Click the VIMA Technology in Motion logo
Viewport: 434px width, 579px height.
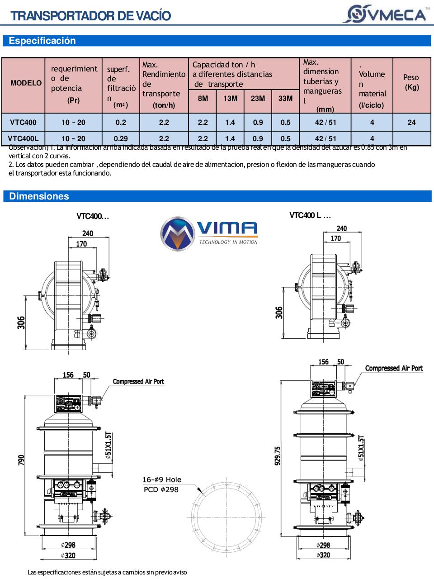(209, 234)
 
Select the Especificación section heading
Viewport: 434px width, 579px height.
(42, 41)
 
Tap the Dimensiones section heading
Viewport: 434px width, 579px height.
(39, 196)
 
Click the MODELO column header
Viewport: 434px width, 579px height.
(26, 83)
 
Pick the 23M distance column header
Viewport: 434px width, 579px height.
(258, 98)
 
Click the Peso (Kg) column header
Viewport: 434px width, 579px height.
(411, 82)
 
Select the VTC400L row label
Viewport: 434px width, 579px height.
(24, 138)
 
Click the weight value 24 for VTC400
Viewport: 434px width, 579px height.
(411, 122)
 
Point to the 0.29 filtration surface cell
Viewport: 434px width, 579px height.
(121, 138)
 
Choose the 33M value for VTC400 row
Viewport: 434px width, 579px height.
(285, 122)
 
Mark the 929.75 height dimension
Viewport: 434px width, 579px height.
(278, 456)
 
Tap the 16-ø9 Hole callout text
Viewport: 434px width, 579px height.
(162, 479)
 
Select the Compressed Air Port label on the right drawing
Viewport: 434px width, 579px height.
(393, 368)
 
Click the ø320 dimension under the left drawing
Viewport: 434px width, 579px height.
(68, 555)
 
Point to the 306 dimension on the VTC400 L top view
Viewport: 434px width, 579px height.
(279, 312)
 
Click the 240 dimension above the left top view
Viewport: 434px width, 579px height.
(87, 233)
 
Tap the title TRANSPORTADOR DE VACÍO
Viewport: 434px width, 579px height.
(90, 16)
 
